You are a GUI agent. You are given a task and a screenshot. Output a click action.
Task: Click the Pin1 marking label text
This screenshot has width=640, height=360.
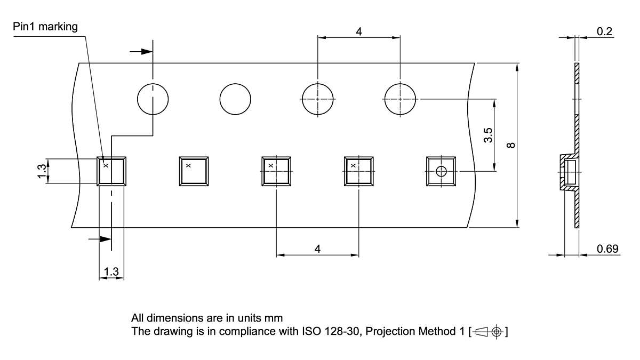45,26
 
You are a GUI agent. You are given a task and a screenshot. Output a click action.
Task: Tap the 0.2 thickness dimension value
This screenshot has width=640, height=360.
604,31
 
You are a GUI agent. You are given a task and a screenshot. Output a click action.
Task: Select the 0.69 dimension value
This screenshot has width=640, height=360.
607,249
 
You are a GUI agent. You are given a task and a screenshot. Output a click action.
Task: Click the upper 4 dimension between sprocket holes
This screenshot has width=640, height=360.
359,31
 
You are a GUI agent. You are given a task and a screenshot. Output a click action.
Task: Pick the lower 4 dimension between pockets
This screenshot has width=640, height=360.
317,249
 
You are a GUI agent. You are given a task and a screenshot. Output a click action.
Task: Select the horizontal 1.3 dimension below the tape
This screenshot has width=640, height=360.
111,272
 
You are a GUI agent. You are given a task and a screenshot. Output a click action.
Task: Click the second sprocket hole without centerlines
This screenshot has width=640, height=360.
235,99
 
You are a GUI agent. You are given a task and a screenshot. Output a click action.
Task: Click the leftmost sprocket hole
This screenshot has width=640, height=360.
153,99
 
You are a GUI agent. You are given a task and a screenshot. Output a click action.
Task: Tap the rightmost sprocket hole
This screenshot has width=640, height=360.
400,99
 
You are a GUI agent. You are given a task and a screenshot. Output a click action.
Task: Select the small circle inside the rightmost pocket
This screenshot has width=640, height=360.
441,171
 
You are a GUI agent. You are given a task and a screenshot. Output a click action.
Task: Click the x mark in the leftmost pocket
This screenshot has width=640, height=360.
106,165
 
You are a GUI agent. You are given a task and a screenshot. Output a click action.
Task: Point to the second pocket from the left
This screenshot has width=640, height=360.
194,171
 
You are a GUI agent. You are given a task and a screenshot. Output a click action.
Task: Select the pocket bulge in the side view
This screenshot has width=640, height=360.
569,173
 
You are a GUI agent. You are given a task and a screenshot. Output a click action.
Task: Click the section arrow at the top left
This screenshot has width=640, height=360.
141,52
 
